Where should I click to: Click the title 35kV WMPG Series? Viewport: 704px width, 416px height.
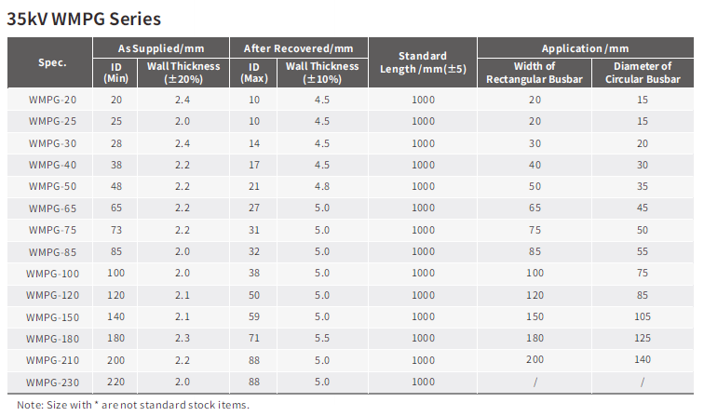coord(84,19)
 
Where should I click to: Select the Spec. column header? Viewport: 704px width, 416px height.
coord(52,62)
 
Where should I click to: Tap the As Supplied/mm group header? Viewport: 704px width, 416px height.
coord(161,48)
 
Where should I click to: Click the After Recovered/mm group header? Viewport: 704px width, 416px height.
coord(298,48)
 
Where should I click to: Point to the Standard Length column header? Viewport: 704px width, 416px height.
coord(423,62)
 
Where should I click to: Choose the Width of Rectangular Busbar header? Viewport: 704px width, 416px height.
coord(535,73)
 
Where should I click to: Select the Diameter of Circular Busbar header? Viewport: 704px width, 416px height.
coord(643,73)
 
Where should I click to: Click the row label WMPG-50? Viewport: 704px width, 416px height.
coord(52,186)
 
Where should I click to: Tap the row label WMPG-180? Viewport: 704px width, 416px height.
coord(52,339)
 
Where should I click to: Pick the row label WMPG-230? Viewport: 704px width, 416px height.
coord(52,382)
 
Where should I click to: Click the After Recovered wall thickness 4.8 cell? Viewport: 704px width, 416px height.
coord(322,186)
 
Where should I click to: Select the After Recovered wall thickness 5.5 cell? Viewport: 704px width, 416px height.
coord(322,338)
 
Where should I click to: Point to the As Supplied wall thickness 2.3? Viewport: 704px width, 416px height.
coord(183,338)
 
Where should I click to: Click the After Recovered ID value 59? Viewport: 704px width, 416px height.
coord(254,316)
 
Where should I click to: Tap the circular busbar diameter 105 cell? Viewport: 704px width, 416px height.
coord(643,316)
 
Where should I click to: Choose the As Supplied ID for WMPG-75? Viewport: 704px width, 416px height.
coord(116,230)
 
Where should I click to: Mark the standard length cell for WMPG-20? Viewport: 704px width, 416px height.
coord(423,100)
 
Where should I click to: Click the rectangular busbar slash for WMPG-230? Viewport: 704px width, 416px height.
coord(535,382)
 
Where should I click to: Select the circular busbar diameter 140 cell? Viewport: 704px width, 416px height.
coord(643,359)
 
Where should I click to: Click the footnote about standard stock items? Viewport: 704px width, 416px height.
coord(133,405)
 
